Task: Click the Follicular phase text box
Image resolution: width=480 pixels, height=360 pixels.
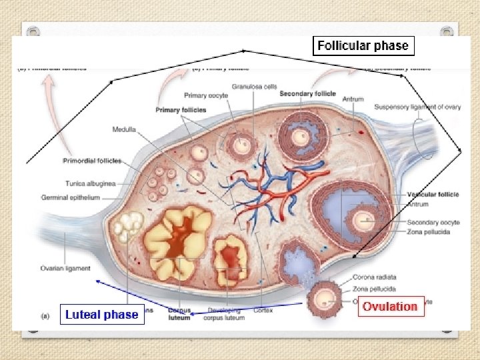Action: point(363,46)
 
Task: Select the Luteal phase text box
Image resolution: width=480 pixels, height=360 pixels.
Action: point(101,315)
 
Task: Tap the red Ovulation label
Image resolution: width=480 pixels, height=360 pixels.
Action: point(390,307)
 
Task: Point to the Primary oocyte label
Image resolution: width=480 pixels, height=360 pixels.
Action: point(206,96)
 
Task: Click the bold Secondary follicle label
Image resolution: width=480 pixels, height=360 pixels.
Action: point(305,93)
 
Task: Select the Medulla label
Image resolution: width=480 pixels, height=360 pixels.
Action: point(125,130)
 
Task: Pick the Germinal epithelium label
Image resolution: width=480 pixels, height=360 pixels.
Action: point(70,197)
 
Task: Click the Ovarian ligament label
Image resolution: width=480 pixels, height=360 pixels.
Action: point(65,268)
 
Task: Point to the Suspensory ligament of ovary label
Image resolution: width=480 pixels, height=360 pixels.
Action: point(417,107)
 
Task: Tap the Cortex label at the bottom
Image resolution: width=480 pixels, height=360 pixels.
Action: point(263,310)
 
